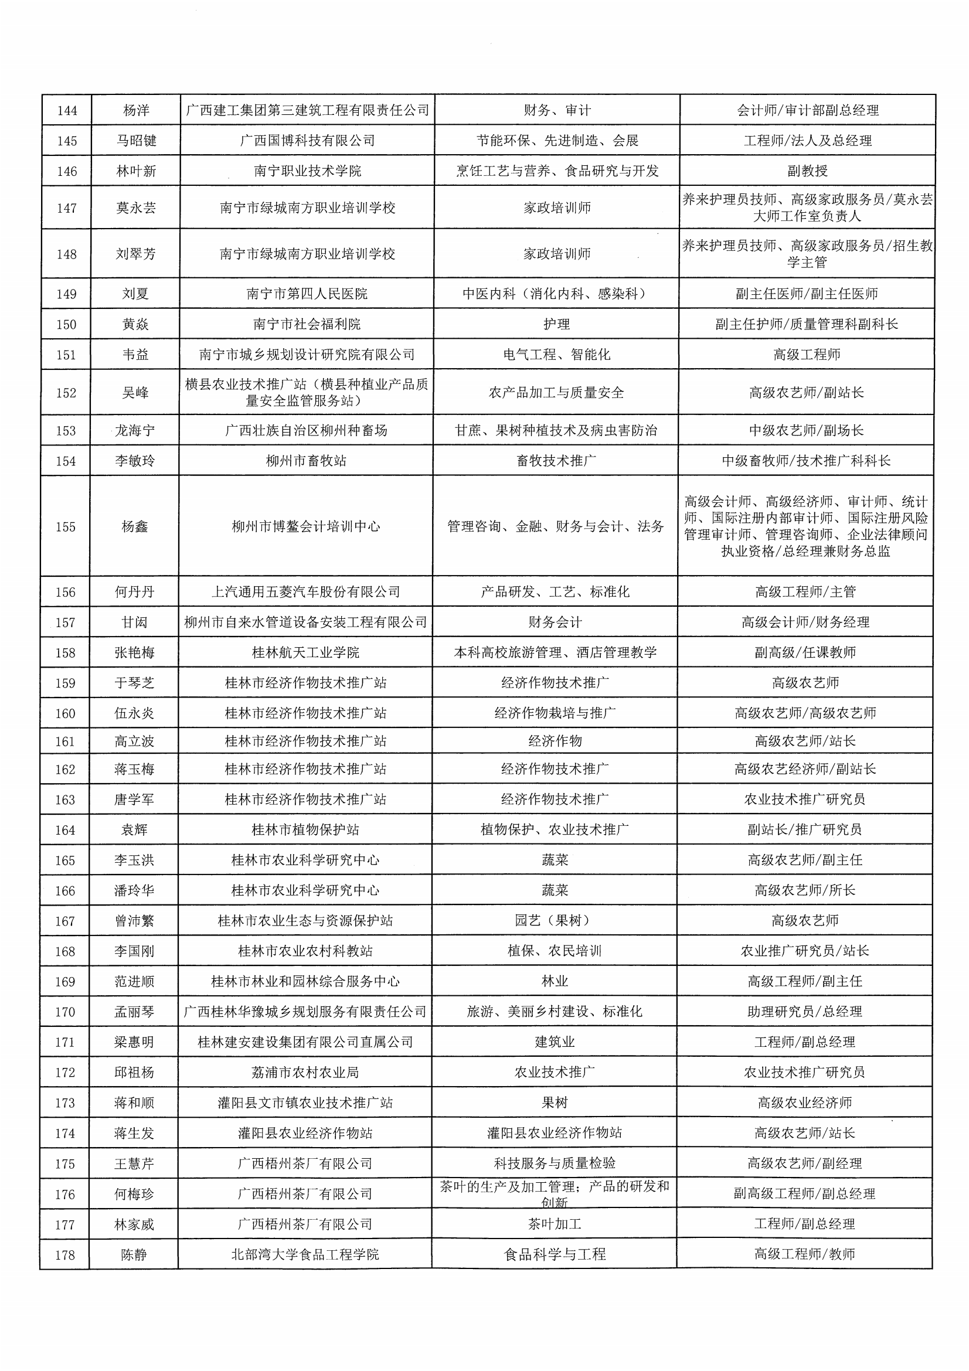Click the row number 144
(67, 110)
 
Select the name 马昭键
(136, 141)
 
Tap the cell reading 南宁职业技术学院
(308, 171)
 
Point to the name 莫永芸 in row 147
(135, 208)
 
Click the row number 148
(66, 254)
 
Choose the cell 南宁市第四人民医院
(307, 294)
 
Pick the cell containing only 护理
(556, 324)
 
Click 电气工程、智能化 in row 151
(556, 355)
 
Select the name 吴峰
(135, 393)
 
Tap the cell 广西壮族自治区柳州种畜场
(306, 431)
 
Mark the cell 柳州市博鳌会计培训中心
(305, 527)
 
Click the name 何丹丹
(134, 593)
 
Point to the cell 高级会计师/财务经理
(805, 623)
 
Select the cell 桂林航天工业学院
(305, 653)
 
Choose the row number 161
(65, 741)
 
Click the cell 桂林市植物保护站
(305, 830)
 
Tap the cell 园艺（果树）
(555, 921)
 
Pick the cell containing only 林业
(555, 982)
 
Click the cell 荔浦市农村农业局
(305, 1073)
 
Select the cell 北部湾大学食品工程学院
(305, 1254)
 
